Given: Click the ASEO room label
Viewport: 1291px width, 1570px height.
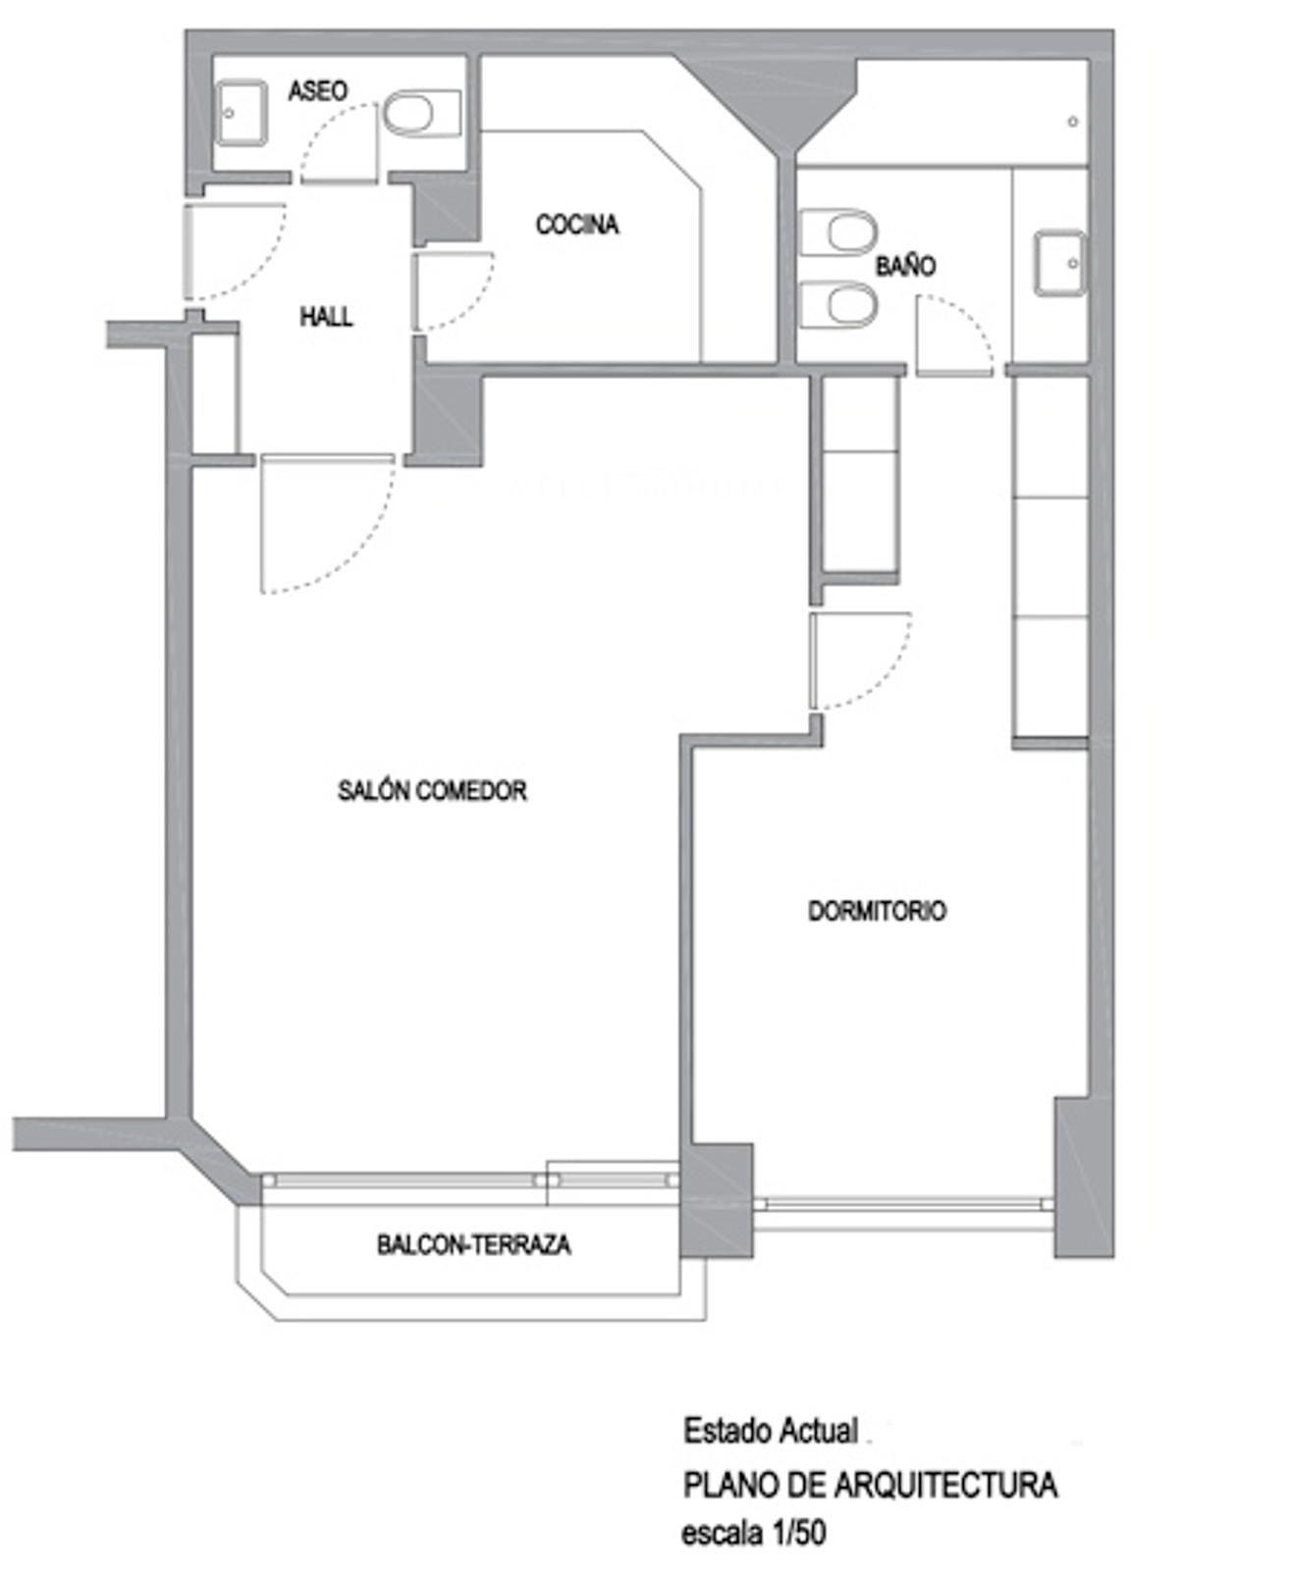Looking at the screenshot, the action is click(318, 91).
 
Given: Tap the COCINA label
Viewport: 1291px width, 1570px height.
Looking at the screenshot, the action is click(577, 224).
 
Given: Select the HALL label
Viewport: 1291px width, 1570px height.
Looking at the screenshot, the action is click(326, 316).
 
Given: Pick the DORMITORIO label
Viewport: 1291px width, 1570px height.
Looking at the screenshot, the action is click(878, 911).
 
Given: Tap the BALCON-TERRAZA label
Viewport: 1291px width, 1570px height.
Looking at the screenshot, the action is click(474, 1244).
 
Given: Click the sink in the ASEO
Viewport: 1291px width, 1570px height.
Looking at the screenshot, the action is click(242, 113).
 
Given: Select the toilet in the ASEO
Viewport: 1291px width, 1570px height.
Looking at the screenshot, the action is click(421, 114).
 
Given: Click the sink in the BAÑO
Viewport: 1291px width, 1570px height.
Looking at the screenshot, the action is click(1060, 264).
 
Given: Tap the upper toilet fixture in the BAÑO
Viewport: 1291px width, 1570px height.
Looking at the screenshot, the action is click(838, 233).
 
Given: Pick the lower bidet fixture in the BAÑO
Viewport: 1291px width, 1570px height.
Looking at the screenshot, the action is click(838, 304).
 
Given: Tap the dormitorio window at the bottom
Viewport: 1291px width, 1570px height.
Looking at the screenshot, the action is click(903, 1205).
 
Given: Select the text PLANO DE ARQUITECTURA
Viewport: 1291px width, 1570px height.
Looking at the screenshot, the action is click(870, 1485).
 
